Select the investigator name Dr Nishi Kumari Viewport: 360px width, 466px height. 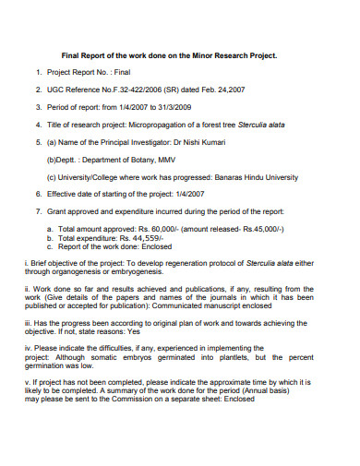pos(222,143)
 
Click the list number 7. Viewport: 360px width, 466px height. pos(38,211)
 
